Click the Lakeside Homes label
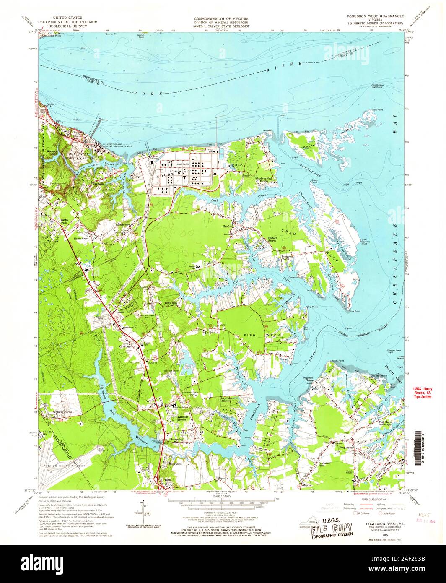point(183,418)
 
